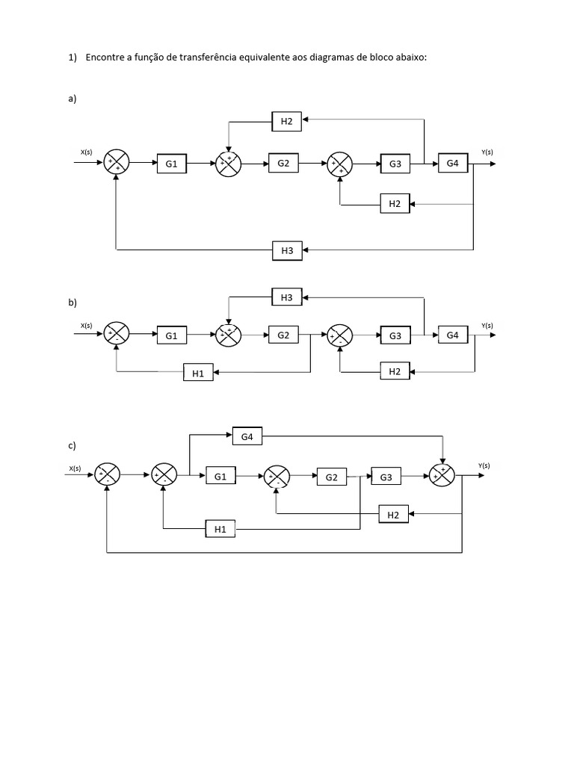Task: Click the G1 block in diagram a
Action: pos(172,164)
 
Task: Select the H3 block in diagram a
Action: pos(287,251)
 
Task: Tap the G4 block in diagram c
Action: pos(247,436)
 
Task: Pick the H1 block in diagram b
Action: pos(198,373)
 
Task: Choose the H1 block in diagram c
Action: pos(220,530)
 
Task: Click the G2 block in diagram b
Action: pos(283,335)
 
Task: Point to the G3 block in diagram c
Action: pos(386,477)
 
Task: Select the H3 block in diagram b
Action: pos(287,297)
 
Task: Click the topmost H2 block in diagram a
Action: pos(287,120)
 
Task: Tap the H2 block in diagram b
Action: pos(395,371)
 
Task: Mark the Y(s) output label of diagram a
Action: pos(487,152)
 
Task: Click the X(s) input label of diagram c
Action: pos(75,468)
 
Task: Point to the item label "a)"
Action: pos(72,98)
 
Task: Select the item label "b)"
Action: pos(72,303)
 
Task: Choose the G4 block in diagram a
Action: pos(453,164)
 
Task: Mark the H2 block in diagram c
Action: pos(393,514)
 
